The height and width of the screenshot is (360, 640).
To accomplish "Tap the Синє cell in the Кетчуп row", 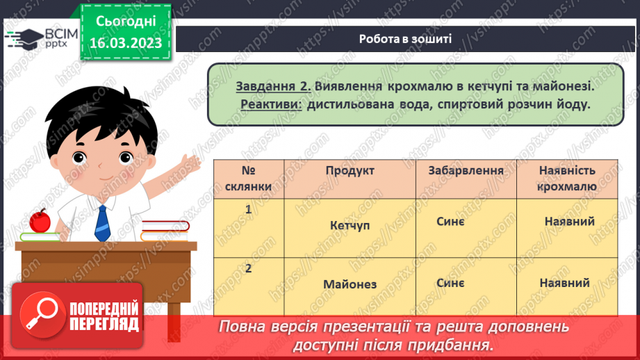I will tap(451, 220).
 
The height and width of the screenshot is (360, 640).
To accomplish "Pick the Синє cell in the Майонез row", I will tap(451, 283).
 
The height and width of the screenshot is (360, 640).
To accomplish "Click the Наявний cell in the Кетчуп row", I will tap(569, 221).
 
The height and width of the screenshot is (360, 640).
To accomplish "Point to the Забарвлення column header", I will tap(466, 171).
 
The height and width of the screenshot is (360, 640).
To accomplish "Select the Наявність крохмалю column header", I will tap(567, 179).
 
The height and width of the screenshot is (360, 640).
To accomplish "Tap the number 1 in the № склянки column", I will tap(248, 208).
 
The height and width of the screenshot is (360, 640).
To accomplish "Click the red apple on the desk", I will tap(40, 221).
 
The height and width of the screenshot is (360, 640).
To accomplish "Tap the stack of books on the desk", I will tap(164, 230).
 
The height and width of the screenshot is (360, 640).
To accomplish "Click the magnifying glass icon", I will tap(40, 316).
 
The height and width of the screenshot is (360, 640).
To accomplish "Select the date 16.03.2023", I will tap(124, 43).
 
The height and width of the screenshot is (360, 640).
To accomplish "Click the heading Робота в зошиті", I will tap(406, 39).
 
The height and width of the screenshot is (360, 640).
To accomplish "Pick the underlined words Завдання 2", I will tap(272, 87).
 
